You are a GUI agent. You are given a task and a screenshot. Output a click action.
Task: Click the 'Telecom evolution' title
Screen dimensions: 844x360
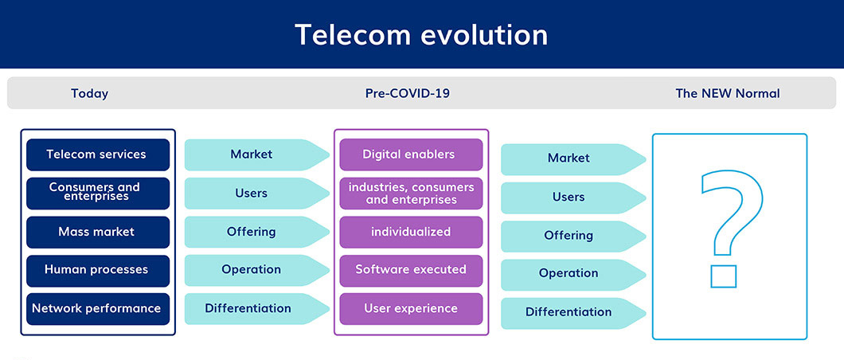point(421,34)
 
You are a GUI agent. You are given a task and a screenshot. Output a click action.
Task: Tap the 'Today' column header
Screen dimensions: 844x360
point(89,94)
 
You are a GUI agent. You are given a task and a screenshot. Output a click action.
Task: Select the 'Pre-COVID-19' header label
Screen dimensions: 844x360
point(408,93)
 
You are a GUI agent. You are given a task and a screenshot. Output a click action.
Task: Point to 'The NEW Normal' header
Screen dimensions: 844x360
point(727,93)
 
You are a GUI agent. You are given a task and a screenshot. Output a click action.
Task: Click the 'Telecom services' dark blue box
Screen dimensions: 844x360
point(98,155)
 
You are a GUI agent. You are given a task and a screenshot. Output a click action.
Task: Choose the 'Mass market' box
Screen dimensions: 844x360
point(98,232)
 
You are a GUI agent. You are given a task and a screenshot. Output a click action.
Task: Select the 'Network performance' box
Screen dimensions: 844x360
point(98,309)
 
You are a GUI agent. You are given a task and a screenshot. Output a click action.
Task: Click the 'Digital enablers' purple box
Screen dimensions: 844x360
point(411,155)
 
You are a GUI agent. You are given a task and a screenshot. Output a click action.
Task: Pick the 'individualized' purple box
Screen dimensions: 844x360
point(411,232)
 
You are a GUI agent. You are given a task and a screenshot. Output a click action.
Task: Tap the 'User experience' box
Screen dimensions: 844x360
point(411,309)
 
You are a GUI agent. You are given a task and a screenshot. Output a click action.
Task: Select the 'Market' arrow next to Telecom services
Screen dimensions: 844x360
point(256,155)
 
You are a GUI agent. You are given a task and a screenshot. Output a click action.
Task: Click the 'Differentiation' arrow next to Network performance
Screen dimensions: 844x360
point(256,309)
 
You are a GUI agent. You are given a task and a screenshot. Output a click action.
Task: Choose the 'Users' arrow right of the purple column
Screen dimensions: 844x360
point(573,198)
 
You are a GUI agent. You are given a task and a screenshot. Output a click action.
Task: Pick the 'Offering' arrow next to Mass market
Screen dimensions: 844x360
point(256,232)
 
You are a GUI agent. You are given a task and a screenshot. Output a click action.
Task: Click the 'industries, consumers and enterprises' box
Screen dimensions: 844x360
point(411,194)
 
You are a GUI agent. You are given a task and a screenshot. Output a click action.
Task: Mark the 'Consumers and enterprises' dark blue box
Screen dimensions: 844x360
point(98,194)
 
